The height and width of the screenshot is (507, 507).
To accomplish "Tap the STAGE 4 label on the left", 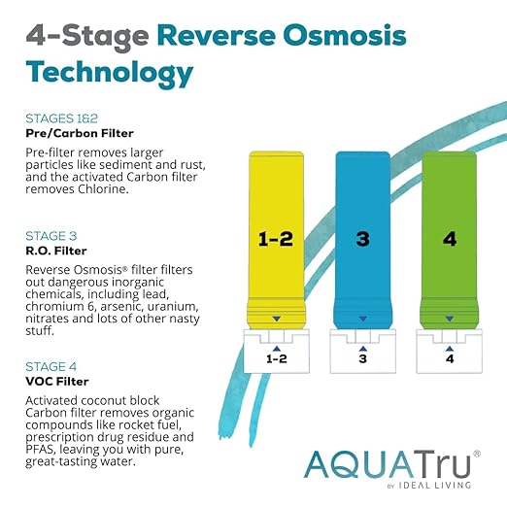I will (51, 367).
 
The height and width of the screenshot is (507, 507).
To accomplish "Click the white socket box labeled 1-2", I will (277, 352).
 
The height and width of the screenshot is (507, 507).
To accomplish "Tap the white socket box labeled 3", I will (361, 352).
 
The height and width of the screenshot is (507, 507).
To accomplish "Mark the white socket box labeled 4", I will (449, 352).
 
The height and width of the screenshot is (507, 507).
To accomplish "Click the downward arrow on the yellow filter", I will (277, 318).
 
